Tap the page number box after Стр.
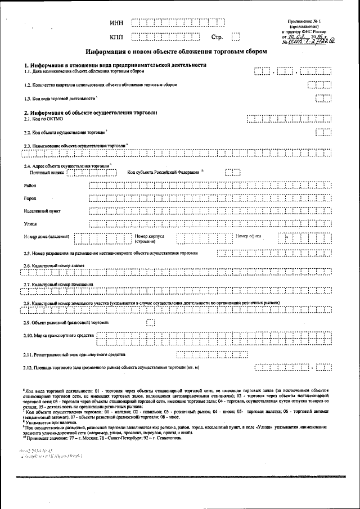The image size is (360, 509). pos(236,38)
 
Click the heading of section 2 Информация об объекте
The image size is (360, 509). pos(90,112)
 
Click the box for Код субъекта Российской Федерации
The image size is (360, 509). pos(232,172)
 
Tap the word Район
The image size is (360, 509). pos(30,185)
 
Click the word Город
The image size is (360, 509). pos(30,199)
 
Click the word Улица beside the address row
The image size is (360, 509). pos(30,224)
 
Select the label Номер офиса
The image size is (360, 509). pos(248,236)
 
